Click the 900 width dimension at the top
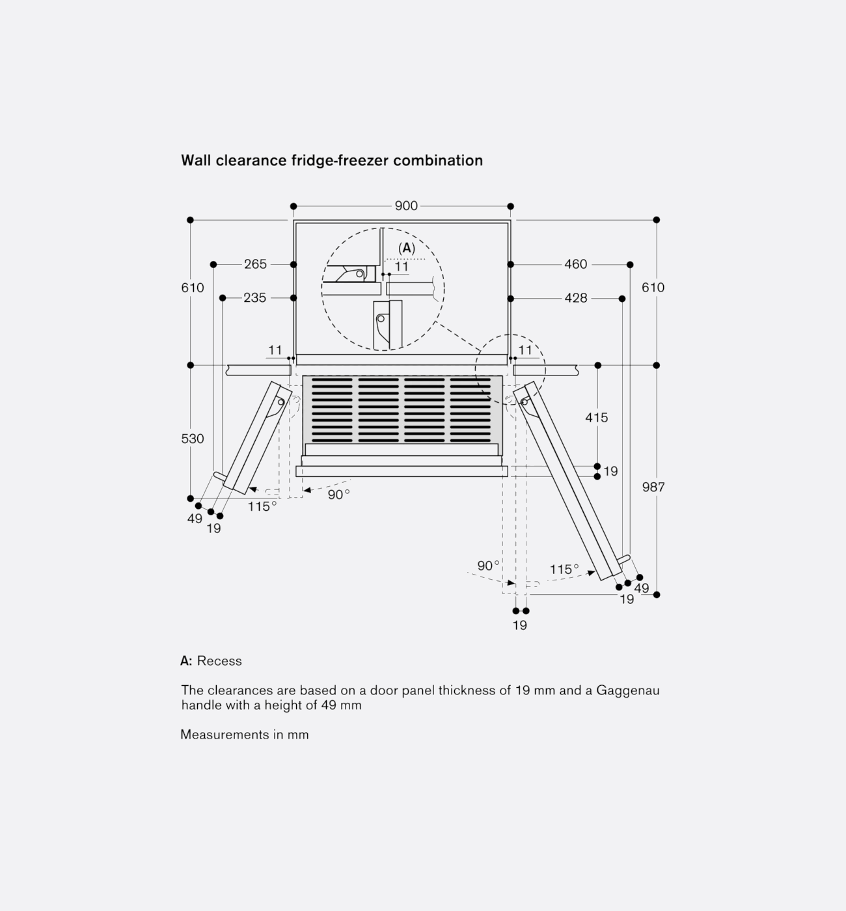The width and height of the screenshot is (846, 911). point(406,206)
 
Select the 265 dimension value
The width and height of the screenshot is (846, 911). point(255,264)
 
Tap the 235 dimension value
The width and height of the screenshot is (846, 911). point(254,298)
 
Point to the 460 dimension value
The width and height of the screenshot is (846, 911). point(575,264)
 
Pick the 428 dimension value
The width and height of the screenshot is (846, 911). point(575,298)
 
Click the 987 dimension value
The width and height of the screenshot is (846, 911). point(653,487)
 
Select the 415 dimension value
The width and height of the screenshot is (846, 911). point(596,418)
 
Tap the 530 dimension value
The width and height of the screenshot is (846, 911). point(192,439)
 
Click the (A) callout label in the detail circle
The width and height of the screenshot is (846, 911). point(407,248)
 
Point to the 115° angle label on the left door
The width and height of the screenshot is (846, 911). point(262,507)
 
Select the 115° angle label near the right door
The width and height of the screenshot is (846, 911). point(564,570)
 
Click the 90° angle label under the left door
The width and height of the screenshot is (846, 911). point(338,495)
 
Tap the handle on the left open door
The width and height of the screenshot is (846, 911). point(220,476)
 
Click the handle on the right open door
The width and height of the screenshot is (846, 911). point(624,559)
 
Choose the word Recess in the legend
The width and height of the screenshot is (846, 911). point(219,661)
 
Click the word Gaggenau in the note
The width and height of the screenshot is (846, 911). point(627,690)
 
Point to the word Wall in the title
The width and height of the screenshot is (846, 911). point(196,161)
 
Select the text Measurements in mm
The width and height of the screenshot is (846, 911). point(245,735)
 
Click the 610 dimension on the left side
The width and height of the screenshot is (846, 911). point(192,288)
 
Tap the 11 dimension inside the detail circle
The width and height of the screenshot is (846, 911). point(402,267)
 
